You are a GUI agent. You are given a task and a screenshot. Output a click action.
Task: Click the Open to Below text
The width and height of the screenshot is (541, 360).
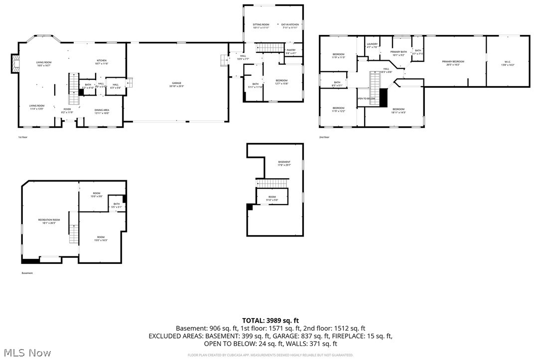366,99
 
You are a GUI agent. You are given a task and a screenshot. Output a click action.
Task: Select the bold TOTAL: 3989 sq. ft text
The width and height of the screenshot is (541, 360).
270,320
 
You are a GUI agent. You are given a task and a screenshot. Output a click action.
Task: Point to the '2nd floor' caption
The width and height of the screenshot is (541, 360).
324,137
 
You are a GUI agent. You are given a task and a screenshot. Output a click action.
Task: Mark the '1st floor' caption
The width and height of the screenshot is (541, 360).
23,137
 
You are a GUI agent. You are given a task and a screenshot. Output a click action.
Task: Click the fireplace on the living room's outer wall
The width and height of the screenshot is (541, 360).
15,63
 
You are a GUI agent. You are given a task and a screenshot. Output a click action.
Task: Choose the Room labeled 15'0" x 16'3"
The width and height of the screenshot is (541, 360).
101,238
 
